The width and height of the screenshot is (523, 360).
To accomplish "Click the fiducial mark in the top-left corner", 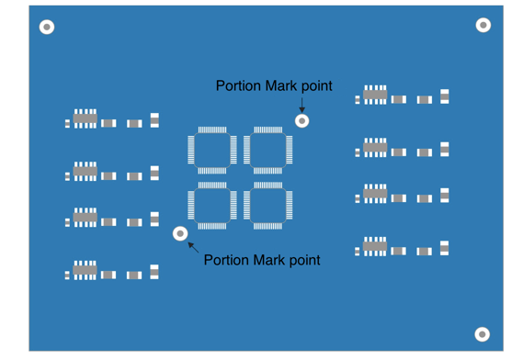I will tap(47, 28).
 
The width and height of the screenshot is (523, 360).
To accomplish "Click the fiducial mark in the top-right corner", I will tap(483, 25).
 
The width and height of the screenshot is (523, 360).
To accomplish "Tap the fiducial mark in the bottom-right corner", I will tap(482, 334).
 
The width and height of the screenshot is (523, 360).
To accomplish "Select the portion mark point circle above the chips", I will tap(301, 120).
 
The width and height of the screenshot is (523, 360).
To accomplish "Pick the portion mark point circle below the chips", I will tap(180, 233).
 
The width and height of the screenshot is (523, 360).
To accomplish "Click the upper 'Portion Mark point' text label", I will tap(274, 86).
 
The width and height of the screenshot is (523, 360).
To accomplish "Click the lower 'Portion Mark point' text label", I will tap(262, 260).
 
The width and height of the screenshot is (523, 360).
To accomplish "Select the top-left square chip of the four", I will tap(212, 150).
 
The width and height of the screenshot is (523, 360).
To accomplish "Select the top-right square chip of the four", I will tap(268, 150).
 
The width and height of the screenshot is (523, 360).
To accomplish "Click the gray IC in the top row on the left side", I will tap(85, 118).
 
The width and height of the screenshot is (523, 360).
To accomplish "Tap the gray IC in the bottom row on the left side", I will tap(85, 270).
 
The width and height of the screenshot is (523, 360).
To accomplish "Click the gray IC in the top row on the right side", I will tap(375, 94).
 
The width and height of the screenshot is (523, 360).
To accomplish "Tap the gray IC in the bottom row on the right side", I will tap(375, 246).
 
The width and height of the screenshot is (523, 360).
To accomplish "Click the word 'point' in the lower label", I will tap(303, 260).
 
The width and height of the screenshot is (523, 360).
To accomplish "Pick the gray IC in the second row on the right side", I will tap(375, 147).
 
